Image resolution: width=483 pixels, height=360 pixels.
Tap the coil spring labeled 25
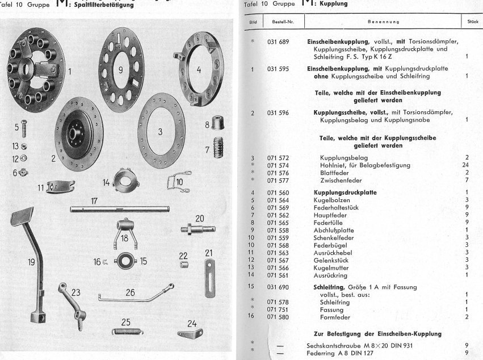tap(131, 332)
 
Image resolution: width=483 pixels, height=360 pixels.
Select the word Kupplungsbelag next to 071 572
tap(340, 157)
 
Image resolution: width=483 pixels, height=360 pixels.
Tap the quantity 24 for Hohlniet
tap(466, 165)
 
